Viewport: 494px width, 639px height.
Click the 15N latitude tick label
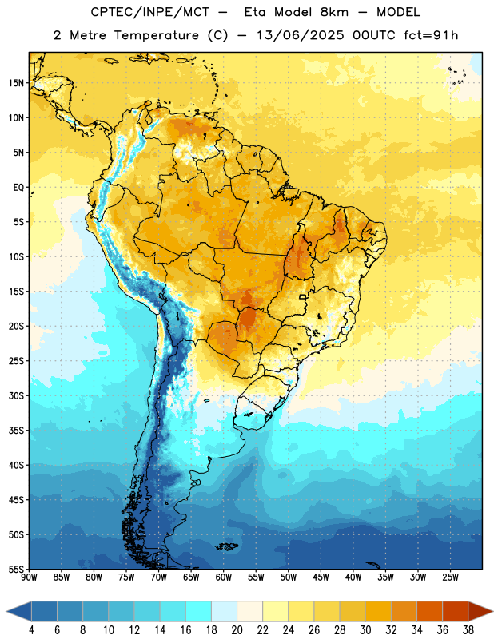pos(16,83)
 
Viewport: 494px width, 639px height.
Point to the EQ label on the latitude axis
pos(18,188)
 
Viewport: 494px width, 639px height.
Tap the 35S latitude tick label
pos(16,431)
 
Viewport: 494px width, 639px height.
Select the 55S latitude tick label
pos(16,570)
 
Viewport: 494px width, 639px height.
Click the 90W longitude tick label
pos(29,577)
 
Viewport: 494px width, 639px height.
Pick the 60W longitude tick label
pos(224,577)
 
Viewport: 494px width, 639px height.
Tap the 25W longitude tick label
pos(450,577)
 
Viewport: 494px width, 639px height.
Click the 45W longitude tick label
pos(321,577)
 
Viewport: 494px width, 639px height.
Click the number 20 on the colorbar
pos(237,630)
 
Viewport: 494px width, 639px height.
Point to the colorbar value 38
pos(468,630)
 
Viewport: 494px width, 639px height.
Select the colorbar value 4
pos(31,630)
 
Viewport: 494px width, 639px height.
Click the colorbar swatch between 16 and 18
pos(198,611)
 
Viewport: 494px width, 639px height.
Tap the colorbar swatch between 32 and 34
pos(404,611)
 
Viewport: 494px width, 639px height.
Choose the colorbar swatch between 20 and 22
pos(249,611)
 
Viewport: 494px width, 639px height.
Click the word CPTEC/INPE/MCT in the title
pos(149,12)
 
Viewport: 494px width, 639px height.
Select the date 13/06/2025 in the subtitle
pos(301,35)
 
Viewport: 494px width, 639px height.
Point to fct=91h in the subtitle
pos(431,35)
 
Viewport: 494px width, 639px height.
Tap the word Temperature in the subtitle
pos(156,35)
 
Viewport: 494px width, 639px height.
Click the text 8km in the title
pos(334,12)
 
